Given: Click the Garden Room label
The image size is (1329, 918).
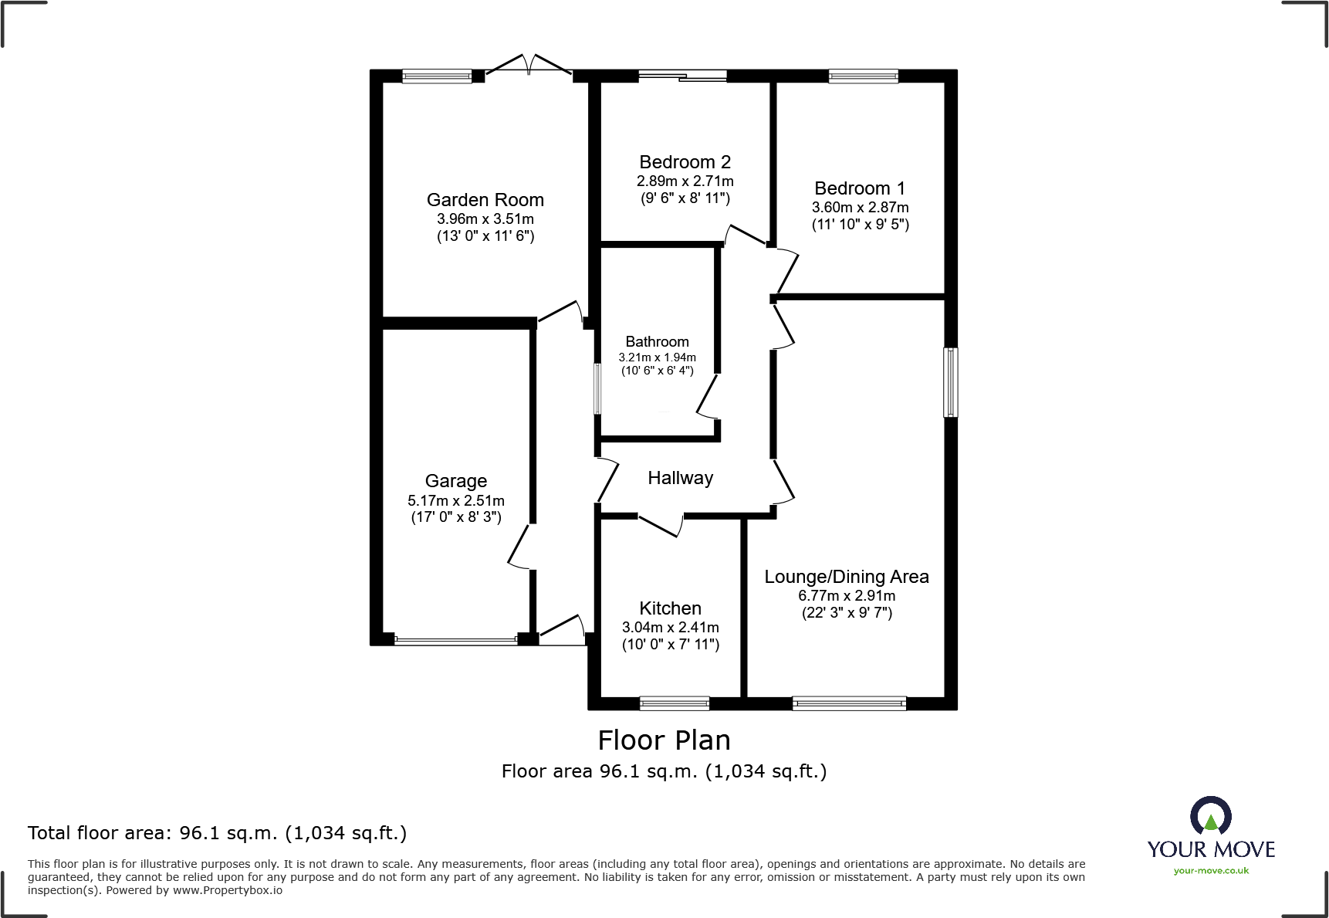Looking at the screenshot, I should [x=485, y=200].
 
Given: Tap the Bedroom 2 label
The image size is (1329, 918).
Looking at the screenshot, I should [x=685, y=162].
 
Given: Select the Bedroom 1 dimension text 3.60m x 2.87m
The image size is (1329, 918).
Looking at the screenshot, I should [x=860, y=208].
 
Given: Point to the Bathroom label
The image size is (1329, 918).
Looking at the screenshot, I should [x=657, y=342].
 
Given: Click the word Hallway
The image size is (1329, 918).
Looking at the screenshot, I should [x=680, y=478].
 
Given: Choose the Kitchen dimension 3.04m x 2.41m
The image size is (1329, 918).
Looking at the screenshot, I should [x=670, y=628].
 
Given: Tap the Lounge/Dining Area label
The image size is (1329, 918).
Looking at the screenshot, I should [x=846, y=577].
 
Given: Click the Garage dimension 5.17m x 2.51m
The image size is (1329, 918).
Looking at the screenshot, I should [x=455, y=500].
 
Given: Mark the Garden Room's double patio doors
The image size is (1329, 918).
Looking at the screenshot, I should [x=529, y=66].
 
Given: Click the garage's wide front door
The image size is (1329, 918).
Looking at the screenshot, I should [x=455, y=640].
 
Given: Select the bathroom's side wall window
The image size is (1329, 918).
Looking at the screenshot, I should [x=597, y=388].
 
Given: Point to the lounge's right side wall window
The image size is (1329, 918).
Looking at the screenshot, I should [x=951, y=382].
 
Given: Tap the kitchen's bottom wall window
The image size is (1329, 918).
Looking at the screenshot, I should [x=674, y=703].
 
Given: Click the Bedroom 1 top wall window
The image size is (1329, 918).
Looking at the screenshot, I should [x=863, y=76].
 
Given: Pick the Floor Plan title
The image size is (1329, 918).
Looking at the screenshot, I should [x=664, y=740].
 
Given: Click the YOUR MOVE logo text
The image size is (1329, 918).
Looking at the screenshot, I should [x=1210, y=850].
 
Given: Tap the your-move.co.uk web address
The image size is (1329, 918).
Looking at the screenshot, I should [x=1210, y=871].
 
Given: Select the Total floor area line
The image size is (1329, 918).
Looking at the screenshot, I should [x=217, y=833].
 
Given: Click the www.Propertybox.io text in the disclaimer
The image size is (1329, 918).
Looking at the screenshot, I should [x=227, y=891].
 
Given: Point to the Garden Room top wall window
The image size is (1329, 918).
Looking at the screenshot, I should [x=437, y=76].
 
